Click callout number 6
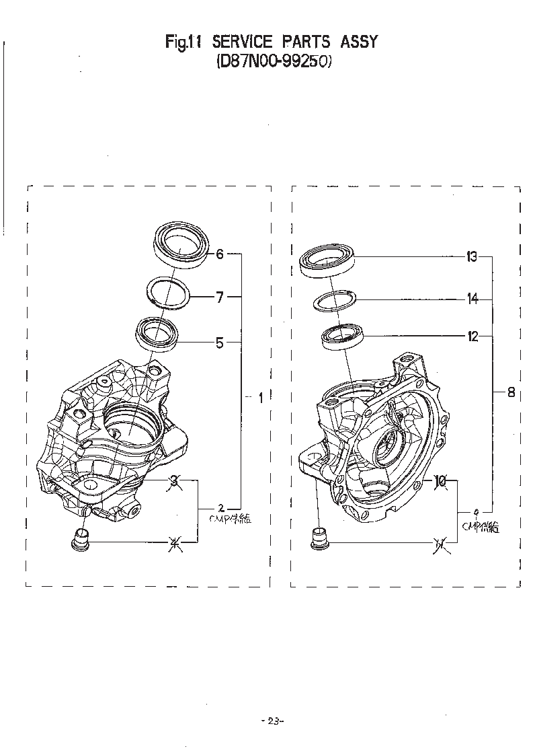tap(219, 254)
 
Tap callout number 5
tap(219, 343)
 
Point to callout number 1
tap(260, 398)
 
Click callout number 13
tap(472, 256)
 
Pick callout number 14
tap(473, 299)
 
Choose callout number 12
tap(473, 336)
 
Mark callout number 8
tap(511, 393)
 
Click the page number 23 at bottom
tap(272, 721)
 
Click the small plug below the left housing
tap(82, 540)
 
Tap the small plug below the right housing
tap(320, 539)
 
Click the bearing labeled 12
tap(343, 336)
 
